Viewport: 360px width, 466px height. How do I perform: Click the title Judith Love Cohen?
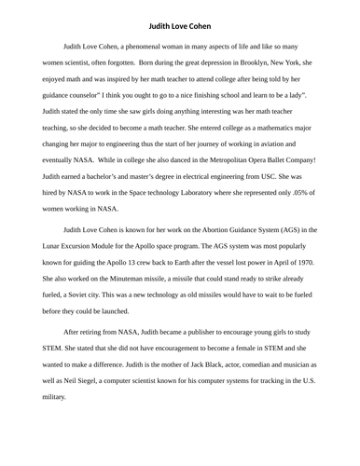pyautogui.click(x=180, y=16)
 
